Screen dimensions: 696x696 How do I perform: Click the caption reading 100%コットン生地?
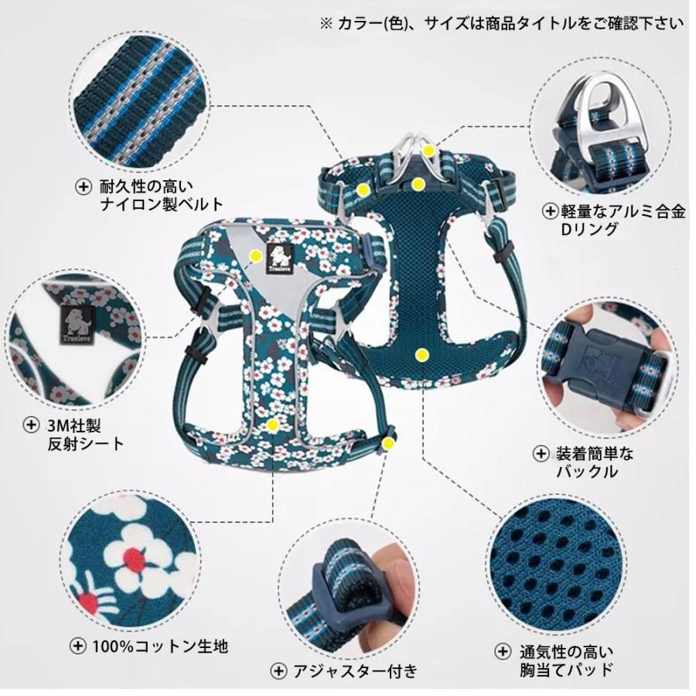[x=159, y=646]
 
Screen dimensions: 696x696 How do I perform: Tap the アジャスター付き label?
[x=353, y=670]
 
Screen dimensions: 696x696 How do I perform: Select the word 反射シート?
[x=85, y=443]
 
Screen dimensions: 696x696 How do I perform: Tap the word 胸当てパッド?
[x=566, y=668]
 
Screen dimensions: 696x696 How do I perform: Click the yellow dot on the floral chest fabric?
[x=272, y=425]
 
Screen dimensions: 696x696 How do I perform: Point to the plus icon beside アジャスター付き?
[x=277, y=670]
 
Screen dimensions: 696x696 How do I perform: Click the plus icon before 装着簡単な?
[x=541, y=452]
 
